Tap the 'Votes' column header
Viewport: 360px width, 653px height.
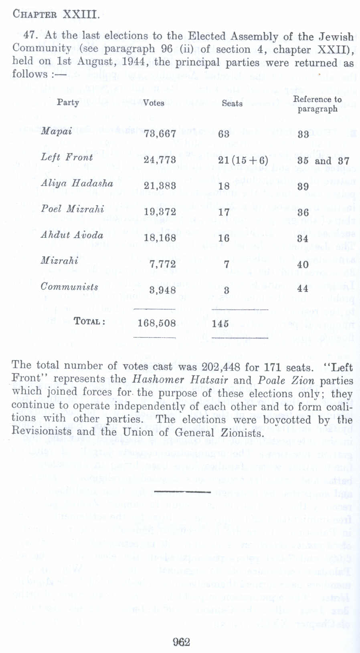tap(154, 103)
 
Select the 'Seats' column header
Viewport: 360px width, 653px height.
tap(232, 103)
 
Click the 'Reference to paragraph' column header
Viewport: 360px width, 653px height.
tap(317, 104)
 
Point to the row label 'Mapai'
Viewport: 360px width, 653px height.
tap(57, 131)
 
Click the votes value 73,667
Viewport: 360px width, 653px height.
tap(160, 134)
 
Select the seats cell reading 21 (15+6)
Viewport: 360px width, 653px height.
tap(243, 160)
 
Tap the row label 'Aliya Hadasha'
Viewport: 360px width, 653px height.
tap(77, 183)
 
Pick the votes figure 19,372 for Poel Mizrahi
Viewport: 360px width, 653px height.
tap(160, 212)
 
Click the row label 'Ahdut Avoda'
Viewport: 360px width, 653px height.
tap(72, 235)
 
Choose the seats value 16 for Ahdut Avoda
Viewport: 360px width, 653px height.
tap(224, 238)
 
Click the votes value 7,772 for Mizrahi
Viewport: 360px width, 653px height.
tap(162, 264)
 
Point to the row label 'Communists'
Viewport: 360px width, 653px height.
tap(69, 287)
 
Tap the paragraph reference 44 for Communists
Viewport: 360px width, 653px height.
tap(303, 289)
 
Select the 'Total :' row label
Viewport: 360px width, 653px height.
tap(90, 322)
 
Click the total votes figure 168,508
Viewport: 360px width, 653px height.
tap(157, 323)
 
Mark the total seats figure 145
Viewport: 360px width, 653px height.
tap(220, 323)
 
